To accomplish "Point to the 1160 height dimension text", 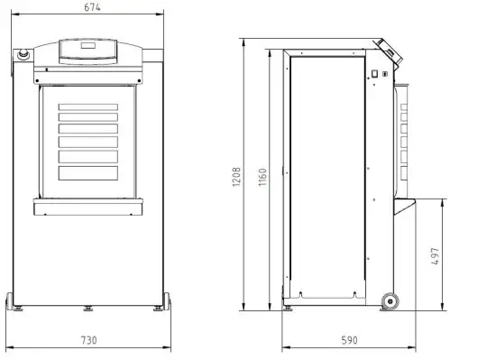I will click(262, 175).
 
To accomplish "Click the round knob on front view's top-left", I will click(23, 55).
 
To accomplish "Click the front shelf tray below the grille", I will click(88, 208).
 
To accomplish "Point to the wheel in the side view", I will click(390, 301).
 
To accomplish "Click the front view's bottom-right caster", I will click(168, 301).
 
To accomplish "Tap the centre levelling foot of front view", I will click(88, 308).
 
